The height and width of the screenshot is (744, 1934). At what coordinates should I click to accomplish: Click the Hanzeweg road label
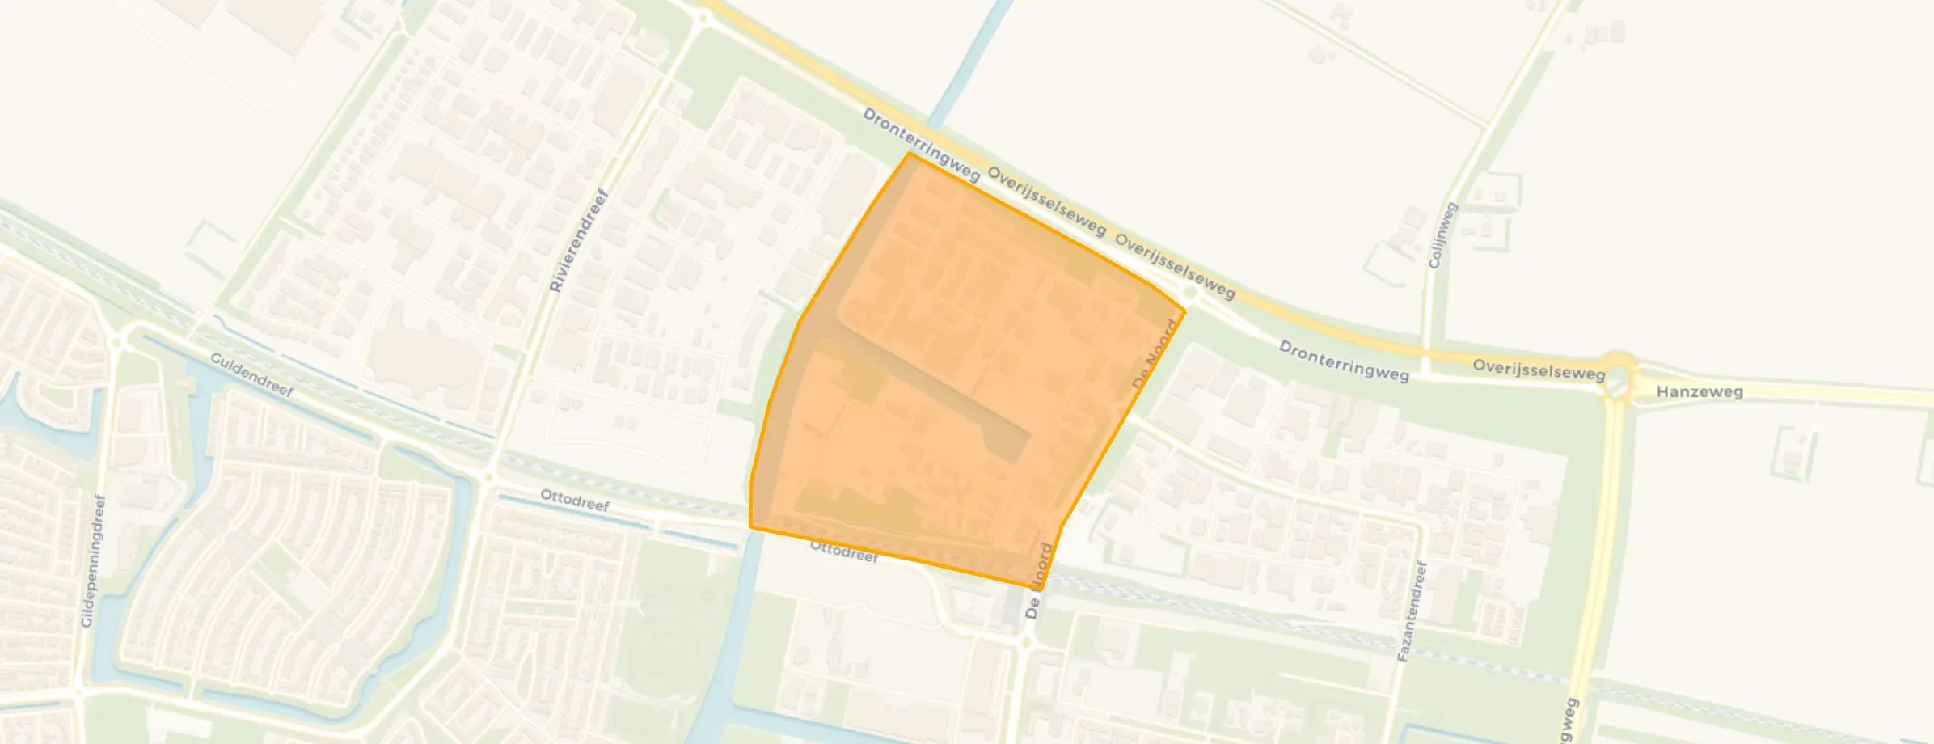pyautogui.click(x=1699, y=392)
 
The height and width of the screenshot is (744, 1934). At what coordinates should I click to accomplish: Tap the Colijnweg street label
pyautogui.click(x=1442, y=235)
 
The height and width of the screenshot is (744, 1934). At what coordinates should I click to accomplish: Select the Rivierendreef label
pyautogui.click(x=578, y=240)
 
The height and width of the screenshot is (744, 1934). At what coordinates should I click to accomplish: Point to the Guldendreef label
pyautogui.click(x=251, y=374)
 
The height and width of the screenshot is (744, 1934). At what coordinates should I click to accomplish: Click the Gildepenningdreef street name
pyautogui.click(x=94, y=560)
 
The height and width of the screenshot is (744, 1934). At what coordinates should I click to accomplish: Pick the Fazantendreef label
pyautogui.click(x=1412, y=611)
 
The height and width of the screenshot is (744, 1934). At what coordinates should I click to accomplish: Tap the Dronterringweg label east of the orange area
pyautogui.click(x=1343, y=361)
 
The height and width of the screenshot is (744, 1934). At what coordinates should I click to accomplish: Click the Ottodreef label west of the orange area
pyautogui.click(x=575, y=501)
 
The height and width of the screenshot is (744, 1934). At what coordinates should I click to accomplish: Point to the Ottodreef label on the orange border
pyautogui.click(x=843, y=552)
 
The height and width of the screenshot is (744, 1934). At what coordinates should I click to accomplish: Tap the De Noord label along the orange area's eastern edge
pyautogui.click(x=1155, y=354)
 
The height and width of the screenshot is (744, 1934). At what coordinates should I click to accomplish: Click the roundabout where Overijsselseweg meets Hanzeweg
pyautogui.click(x=1619, y=380)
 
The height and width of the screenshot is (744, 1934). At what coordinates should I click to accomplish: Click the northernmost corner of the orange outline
pyautogui.click(x=910, y=153)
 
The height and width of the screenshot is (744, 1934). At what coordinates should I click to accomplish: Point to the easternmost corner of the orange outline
pyautogui.click(x=1184, y=310)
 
